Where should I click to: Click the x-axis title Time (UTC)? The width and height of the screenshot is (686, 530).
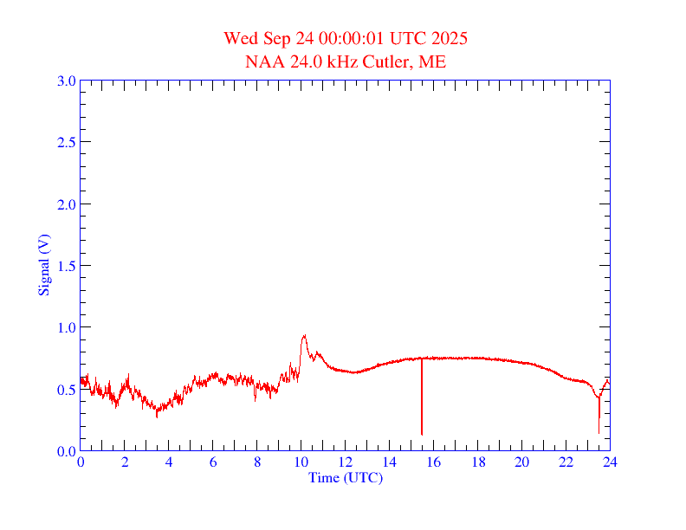(x=345, y=477)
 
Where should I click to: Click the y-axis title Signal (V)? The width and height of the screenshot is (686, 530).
(x=43, y=265)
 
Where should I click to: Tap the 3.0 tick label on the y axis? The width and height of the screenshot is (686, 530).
(x=66, y=81)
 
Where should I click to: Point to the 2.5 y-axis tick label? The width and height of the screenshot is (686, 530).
(x=66, y=142)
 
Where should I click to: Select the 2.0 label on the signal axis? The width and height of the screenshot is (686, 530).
(x=66, y=204)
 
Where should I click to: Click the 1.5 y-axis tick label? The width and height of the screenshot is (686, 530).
(x=66, y=266)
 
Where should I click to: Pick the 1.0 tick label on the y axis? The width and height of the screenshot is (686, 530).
(x=66, y=327)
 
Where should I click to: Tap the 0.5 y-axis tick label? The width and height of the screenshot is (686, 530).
(x=66, y=390)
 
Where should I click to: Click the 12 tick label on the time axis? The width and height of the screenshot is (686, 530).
(x=346, y=462)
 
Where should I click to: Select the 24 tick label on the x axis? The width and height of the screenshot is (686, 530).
(x=610, y=462)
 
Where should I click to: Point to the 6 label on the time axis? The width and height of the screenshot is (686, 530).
(x=213, y=462)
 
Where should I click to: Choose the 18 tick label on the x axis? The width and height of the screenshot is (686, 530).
(x=478, y=462)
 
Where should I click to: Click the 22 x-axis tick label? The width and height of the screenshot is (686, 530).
(x=566, y=462)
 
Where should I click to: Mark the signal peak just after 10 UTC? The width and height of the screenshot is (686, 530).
(x=304, y=335)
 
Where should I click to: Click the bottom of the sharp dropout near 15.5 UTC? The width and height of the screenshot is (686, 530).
(x=422, y=434)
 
